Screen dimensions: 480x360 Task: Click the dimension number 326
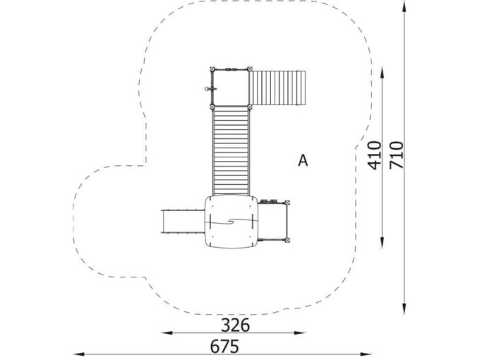pyautogui.click(x=235, y=325)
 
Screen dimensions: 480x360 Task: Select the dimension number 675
pyautogui.click(x=224, y=347)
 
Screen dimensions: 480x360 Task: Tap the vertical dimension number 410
pyautogui.click(x=375, y=155)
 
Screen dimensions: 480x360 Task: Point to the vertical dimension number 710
pyautogui.click(x=396, y=155)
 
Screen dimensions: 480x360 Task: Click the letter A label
pyautogui.click(x=303, y=160)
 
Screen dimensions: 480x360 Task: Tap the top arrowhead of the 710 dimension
pyautogui.click(x=404, y=6)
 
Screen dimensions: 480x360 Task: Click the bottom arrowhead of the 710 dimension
pyautogui.click(x=404, y=308)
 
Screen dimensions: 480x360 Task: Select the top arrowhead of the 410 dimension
pyautogui.click(x=382, y=73)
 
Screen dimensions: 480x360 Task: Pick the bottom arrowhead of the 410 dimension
pyautogui.click(x=382, y=242)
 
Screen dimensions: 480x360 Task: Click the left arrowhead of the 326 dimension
pyautogui.click(x=167, y=332)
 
